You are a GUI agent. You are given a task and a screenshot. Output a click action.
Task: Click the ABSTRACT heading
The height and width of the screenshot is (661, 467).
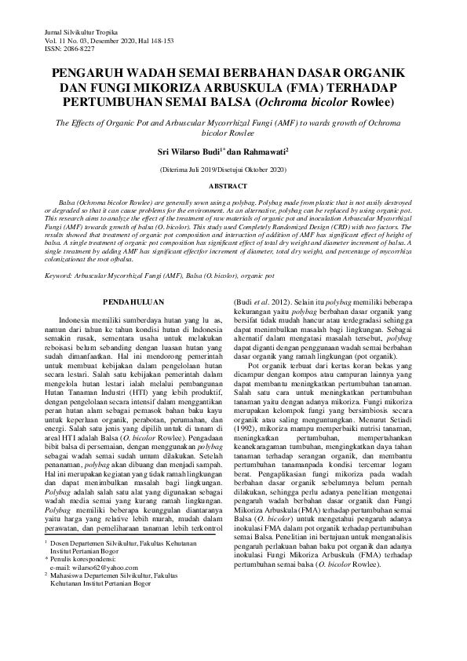pos(233,186)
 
